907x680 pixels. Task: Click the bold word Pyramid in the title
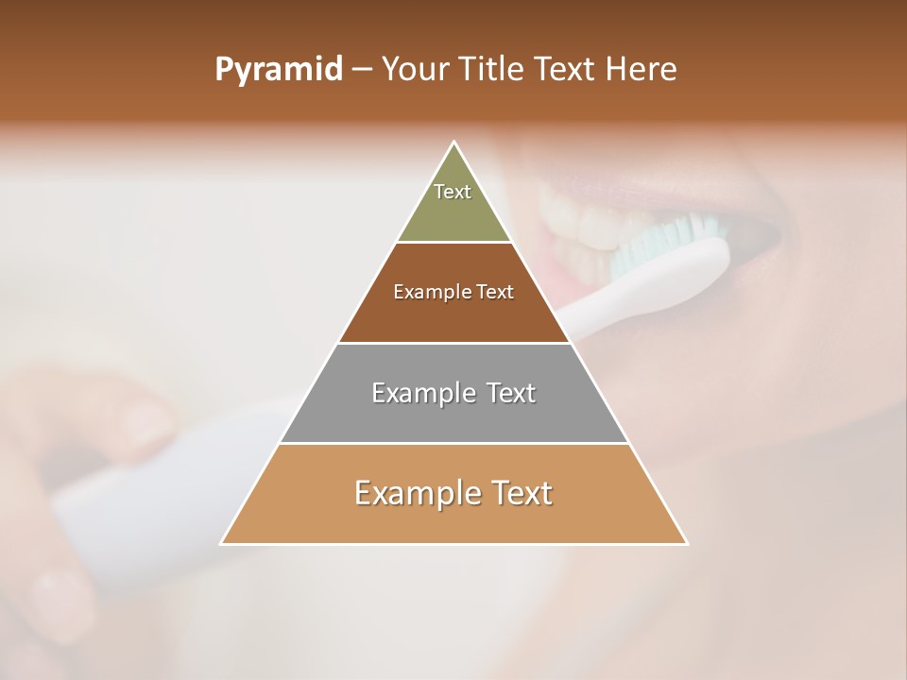278,70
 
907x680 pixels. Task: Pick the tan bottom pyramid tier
453,519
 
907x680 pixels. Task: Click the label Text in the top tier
453,192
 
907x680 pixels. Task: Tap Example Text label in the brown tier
453,292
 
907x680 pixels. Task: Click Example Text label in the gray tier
453,393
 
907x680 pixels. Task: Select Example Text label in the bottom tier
453,493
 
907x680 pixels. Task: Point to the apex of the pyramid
454,143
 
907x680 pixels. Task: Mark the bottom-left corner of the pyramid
222,543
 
